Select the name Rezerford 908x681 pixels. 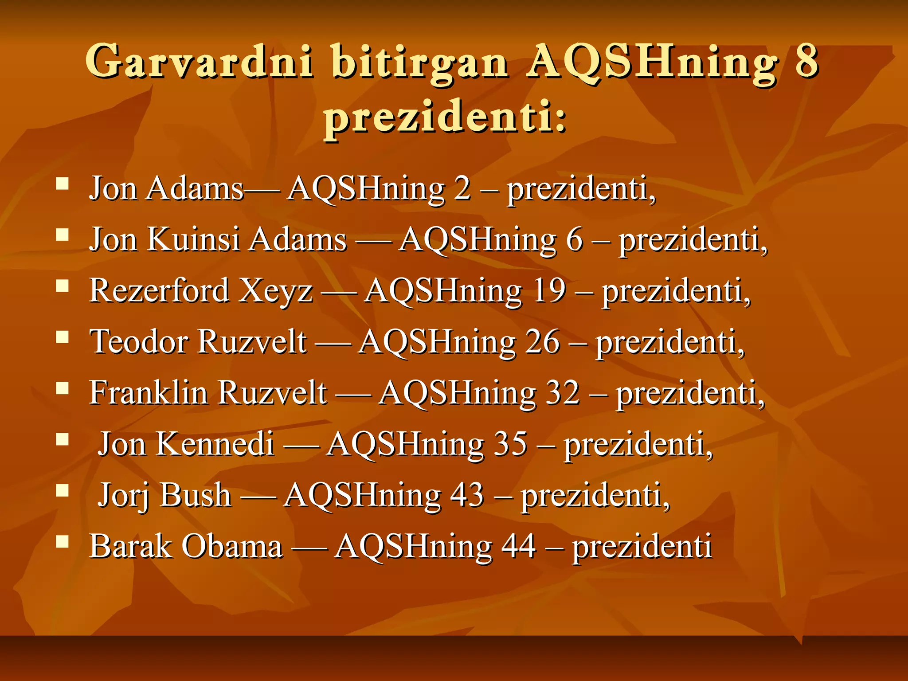(159, 291)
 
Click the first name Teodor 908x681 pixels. (140, 342)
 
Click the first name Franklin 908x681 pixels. (149, 393)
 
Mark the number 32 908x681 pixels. (563, 393)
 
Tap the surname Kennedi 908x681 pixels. (215, 444)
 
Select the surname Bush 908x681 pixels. (196, 495)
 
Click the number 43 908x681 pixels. (467, 495)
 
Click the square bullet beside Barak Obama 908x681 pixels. (63, 541)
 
